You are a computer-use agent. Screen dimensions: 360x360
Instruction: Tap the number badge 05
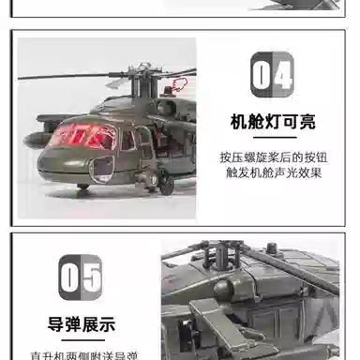(x=81, y=277)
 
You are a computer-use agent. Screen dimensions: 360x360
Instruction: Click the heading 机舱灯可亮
(x=273, y=121)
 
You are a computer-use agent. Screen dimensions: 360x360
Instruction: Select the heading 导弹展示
(x=81, y=325)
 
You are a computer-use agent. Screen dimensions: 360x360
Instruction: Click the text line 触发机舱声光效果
(x=273, y=173)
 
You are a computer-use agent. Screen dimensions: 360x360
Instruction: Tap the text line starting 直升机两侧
(x=81, y=355)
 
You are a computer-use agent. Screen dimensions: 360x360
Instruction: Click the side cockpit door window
(x=127, y=140)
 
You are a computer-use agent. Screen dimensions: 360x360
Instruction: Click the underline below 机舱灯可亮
(x=273, y=135)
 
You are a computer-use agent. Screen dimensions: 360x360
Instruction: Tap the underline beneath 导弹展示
(x=81, y=338)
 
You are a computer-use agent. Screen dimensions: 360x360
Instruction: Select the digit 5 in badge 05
(x=92, y=277)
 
